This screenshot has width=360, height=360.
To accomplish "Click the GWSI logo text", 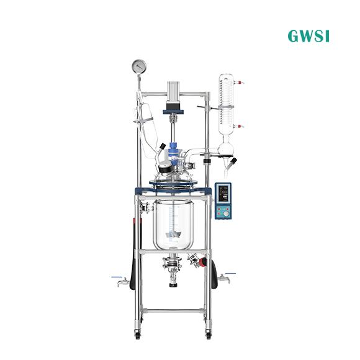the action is pyautogui.click(x=308, y=36).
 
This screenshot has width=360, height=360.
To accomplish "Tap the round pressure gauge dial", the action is pyautogui.click(x=139, y=66).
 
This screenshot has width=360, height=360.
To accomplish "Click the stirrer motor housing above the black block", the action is pyautogui.click(x=174, y=92).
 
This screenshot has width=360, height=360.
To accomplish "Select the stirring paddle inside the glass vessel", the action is pyautogui.click(x=173, y=235).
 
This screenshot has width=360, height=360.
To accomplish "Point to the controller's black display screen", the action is pyautogui.click(x=223, y=194).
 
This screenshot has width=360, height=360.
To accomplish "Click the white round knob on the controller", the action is pyautogui.click(x=226, y=214).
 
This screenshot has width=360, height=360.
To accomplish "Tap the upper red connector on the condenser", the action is pyautogui.click(x=240, y=83).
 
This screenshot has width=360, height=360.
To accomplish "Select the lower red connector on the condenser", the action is pyautogui.click(x=240, y=126).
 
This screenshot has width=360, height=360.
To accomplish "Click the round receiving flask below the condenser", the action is pyautogui.click(x=225, y=149).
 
